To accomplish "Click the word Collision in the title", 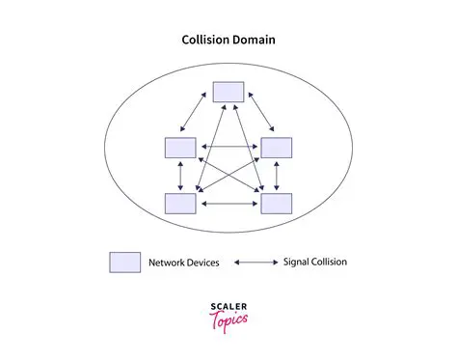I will tap(205, 41).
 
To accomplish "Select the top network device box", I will tap(228, 91).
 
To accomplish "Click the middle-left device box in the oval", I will tap(180, 148).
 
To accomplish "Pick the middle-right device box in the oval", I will tap(277, 148).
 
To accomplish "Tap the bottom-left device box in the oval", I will tap(180, 203).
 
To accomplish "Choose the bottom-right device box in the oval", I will tap(277, 203).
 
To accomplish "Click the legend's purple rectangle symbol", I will tap(124, 262).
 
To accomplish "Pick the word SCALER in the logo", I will tap(228, 307).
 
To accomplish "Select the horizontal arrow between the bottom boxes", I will tap(228, 204).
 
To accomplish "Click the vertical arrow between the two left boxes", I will tap(180, 175).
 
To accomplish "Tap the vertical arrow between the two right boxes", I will tap(277, 175).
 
